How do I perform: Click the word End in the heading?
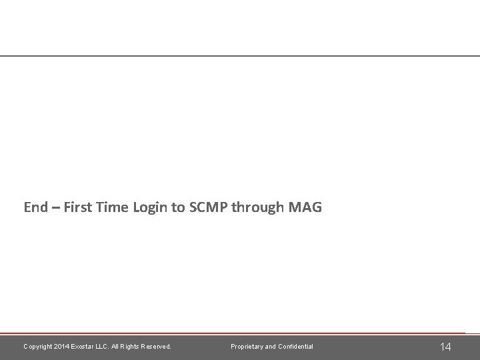35,207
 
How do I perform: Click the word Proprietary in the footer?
247,347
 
